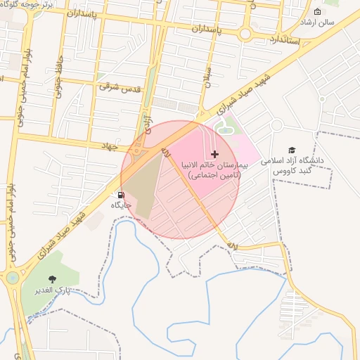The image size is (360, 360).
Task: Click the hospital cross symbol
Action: point(214,153)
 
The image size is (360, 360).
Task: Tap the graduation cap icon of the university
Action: point(292,150)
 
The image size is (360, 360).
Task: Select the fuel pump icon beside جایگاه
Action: point(122,195)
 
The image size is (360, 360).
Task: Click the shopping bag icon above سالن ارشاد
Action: point(317,11)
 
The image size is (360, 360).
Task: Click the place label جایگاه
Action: point(121,205)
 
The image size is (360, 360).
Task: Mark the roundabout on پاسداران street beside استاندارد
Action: point(245,33)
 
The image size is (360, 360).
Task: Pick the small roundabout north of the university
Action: point(277,125)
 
